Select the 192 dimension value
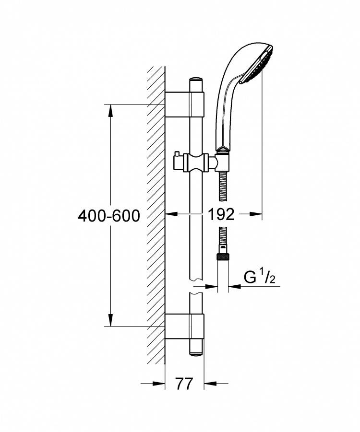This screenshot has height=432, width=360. (221, 214)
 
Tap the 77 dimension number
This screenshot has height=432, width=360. (184, 384)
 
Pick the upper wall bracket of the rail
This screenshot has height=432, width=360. (184, 104)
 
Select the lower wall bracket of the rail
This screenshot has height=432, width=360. (184, 326)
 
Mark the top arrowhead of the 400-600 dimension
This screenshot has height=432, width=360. (110, 110)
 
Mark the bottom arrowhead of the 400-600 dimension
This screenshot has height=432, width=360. (110, 320)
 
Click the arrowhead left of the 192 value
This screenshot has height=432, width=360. (171, 213)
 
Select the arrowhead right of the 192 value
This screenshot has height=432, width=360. (256, 213)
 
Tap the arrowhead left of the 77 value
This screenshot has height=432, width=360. (159, 383)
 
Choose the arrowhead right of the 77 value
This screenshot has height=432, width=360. (210, 383)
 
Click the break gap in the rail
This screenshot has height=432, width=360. (196, 287)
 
